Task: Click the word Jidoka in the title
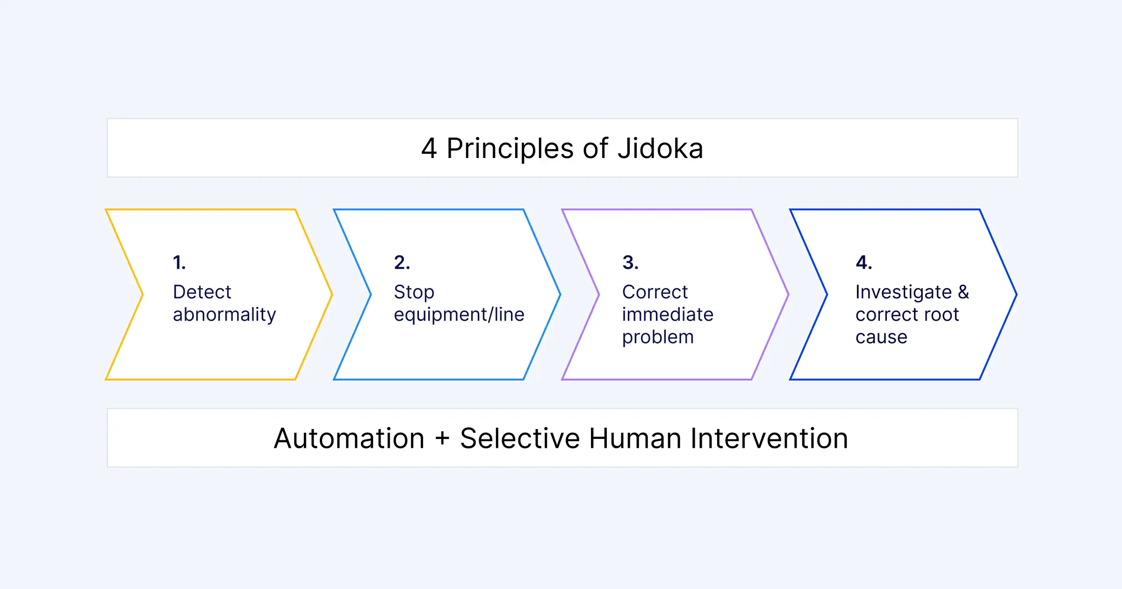660,148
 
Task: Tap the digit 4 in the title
429,149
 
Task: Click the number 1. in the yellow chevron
180,262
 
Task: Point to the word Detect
202,292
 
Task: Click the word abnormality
224,315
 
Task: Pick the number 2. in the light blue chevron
402,262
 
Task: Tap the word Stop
414,293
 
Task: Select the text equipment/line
459,315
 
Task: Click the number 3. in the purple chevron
630,262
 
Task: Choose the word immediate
668,314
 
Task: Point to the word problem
658,338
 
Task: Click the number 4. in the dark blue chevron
864,262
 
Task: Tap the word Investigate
904,293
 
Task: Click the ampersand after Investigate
964,292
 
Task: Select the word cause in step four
881,337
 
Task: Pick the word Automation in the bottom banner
349,438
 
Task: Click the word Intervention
770,438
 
